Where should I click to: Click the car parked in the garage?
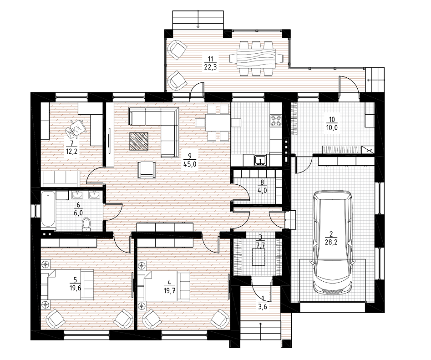pos(333,243)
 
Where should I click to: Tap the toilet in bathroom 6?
pos(87,223)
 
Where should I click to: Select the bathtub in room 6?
pos(48,209)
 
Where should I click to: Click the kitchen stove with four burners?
pos(276,120)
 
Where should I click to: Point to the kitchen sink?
pos(260,160)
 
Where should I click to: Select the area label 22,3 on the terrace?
pos(210,67)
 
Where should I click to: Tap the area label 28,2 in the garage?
pos(331,242)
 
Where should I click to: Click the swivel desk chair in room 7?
pos(76,128)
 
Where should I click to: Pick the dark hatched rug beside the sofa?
pos(139,141)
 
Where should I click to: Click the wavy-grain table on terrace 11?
pos(256,58)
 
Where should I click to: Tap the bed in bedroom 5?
pos(67,284)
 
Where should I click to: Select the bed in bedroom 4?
pos(163,286)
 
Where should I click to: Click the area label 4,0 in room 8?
pos(262,190)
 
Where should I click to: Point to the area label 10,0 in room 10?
pos(332,127)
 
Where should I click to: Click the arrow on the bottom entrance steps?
pos(260,331)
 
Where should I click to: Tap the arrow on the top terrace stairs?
pos(198,20)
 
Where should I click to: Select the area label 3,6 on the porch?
pos(263,307)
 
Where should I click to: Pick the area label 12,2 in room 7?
pos(72,152)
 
